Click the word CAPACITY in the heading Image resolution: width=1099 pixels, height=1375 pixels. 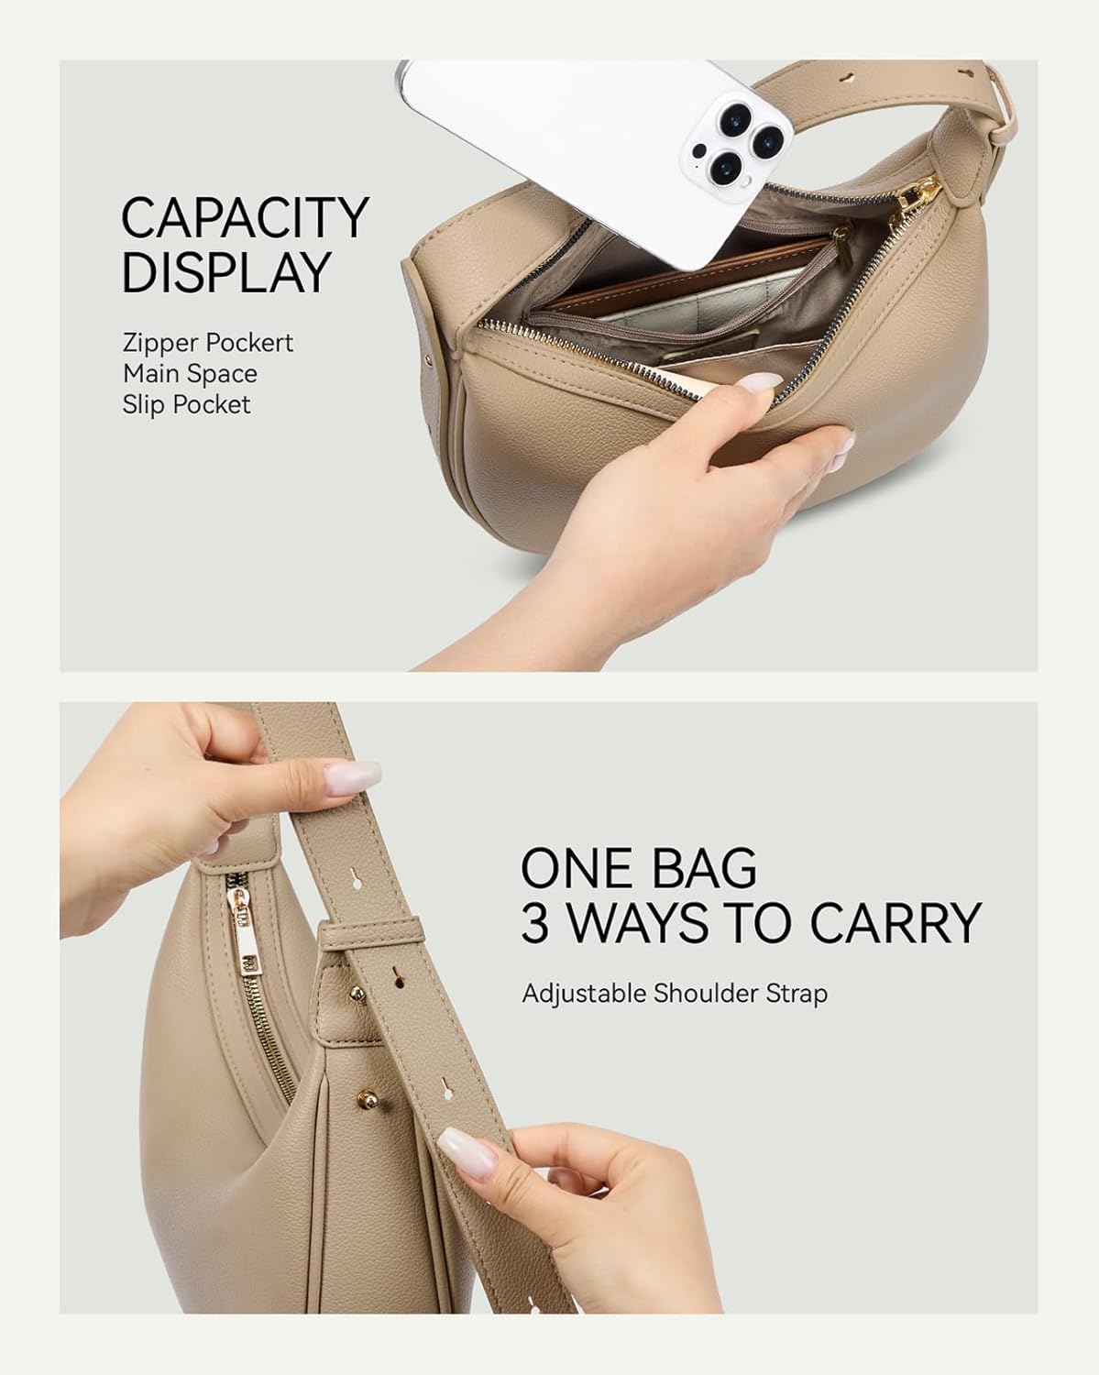[245, 218]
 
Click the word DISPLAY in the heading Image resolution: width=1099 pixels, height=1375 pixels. [225, 272]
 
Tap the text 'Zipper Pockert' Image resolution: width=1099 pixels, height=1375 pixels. [208, 343]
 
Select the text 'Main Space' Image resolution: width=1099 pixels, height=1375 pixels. [190, 374]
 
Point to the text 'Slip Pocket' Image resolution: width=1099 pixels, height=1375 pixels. [186, 404]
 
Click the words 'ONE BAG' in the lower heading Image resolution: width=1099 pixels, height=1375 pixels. [639, 867]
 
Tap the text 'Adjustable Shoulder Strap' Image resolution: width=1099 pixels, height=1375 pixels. [675, 994]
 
